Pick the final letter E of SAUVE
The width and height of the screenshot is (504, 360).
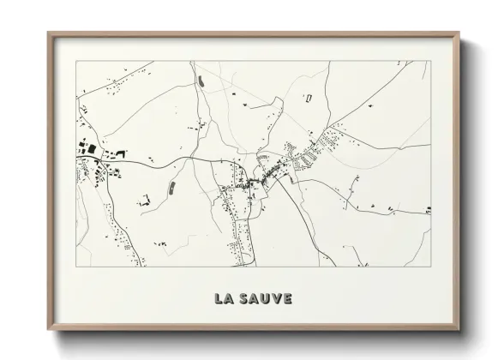(x=287, y=299)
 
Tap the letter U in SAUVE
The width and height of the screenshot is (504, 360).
(x=264, y=299)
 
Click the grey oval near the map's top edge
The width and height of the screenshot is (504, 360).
(x=201, y=81)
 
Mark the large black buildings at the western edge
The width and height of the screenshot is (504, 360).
(x=88, y=148)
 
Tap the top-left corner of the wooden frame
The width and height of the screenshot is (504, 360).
(x=48, y=33)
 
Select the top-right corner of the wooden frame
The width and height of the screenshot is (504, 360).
(x=460, y=33)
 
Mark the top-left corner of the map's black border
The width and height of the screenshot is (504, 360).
(x=76, y=61)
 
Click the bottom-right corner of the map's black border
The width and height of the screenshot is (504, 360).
(x=431, y=266)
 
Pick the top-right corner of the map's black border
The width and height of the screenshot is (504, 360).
(x=431, y=61)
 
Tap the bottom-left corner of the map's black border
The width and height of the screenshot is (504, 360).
(x=76, y=266)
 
